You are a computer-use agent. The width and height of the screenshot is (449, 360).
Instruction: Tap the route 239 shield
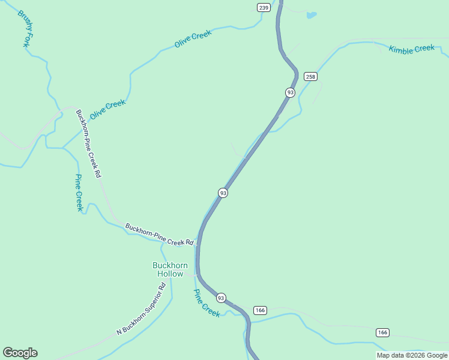264,7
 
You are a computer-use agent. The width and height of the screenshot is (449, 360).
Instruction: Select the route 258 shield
310,76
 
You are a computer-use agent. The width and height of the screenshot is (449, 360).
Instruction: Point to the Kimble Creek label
411,48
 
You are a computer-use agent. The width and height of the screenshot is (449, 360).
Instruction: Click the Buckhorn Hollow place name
170,269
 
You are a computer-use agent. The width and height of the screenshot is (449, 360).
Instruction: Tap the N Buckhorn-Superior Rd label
141,310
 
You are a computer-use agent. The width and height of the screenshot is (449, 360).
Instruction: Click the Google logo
20,353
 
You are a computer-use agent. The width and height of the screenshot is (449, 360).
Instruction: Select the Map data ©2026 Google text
412,355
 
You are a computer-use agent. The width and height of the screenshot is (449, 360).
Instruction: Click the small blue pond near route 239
311,15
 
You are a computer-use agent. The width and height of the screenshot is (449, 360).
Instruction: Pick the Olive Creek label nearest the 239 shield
193,40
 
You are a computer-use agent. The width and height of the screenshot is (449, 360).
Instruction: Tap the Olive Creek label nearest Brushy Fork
108,108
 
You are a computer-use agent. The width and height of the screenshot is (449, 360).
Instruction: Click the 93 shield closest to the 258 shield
291,92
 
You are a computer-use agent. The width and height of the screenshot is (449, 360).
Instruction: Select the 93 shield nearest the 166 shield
221,298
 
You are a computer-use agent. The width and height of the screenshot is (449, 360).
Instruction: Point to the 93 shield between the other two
223,193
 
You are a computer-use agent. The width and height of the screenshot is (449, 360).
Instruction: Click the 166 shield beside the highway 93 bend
260,310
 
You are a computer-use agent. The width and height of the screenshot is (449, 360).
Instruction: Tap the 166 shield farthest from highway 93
383,332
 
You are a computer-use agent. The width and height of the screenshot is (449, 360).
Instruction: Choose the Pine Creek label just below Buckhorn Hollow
206,303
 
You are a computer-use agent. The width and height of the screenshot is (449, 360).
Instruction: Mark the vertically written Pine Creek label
79,193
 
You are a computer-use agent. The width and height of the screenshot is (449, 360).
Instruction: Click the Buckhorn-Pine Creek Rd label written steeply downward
88,143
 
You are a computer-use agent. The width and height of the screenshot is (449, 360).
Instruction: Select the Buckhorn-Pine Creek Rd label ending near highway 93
159,235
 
